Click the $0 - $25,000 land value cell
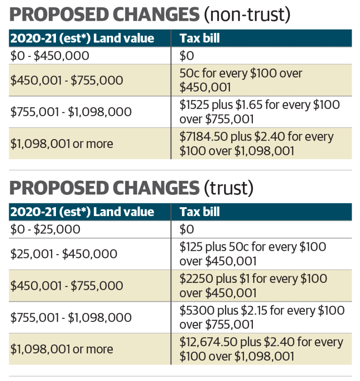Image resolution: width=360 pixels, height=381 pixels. click(45, 229)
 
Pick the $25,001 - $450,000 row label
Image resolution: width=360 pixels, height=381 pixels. click(63, 254)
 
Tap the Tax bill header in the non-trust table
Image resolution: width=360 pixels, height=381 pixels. click(200, 38)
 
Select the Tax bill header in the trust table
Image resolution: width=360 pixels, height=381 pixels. click(200, 212)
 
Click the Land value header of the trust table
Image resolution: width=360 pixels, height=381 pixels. click(124, 212)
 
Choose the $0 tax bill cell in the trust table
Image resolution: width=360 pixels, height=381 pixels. click(187, 229)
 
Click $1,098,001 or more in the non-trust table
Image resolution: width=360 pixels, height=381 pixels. click(62, 144)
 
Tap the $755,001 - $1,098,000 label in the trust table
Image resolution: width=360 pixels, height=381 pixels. click(70, 318)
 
